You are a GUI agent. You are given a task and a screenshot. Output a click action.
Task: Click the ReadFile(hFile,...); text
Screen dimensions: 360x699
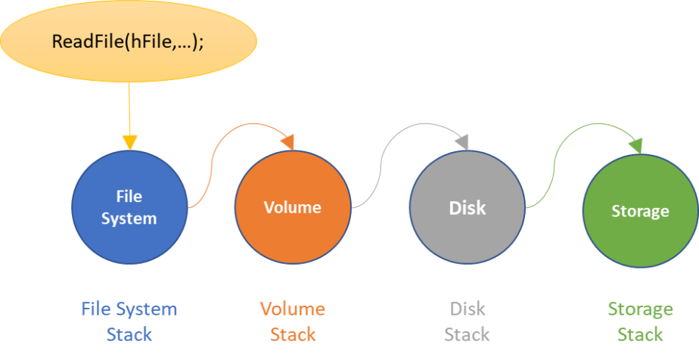128,42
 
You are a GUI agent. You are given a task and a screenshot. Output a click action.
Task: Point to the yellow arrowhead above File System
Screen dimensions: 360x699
129,141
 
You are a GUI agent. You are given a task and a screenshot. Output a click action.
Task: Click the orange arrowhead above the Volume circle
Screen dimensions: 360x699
287,141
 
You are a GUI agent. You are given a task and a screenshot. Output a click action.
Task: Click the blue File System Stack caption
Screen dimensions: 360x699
129,321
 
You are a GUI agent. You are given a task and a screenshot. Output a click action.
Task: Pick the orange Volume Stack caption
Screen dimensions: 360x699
292,321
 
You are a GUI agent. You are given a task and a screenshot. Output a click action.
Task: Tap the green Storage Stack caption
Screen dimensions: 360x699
640,321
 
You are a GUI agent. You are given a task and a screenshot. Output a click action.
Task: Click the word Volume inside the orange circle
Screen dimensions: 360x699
292,207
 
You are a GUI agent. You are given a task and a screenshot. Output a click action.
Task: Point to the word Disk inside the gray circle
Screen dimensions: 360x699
467,207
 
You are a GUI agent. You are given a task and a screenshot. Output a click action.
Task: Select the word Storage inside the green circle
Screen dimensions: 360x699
640,211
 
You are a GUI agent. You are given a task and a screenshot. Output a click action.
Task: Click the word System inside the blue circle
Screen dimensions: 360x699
129,219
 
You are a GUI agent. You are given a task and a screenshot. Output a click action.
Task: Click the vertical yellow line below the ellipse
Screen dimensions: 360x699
129,106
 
